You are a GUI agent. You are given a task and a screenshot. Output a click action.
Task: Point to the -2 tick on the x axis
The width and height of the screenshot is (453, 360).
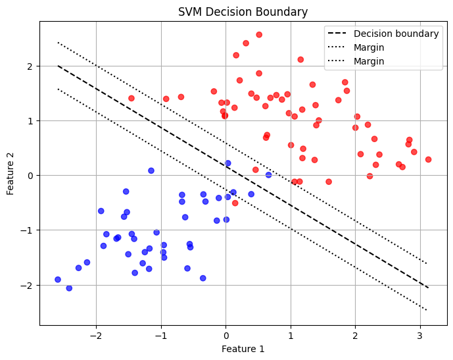(x=96, y=334)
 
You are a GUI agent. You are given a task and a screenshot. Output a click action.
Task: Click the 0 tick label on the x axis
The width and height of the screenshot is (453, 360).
(x=226, y=334)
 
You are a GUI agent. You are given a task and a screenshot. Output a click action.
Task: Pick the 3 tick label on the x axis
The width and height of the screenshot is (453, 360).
(x=420, y=334)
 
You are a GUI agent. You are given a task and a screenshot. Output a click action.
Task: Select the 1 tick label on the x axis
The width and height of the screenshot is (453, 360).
(x=291, y=334)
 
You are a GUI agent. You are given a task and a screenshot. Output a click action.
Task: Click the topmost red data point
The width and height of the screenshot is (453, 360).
(x=259, y=35)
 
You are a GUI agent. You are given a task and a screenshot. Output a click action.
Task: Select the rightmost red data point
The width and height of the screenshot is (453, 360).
(x=428, y=159)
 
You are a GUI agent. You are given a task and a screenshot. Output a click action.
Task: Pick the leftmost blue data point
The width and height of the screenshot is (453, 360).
(x=58, y=280)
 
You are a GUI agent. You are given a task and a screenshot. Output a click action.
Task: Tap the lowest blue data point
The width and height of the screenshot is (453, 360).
(x=69, y=288)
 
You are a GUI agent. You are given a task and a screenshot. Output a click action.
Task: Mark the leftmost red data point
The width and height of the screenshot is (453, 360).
(x=131, y=98)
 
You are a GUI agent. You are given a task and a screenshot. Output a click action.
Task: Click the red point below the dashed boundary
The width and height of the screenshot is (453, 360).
(x=235, y=203)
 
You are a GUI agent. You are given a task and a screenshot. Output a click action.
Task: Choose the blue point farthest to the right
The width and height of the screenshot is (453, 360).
(x=268, y=175)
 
